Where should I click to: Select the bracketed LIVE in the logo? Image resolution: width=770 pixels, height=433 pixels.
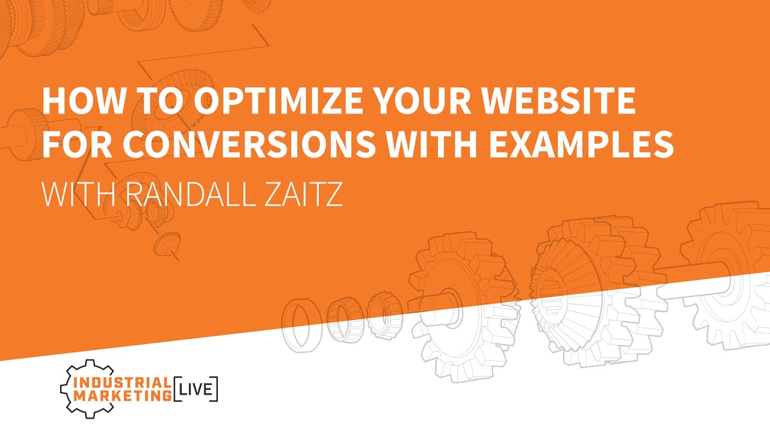click(196, 390)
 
